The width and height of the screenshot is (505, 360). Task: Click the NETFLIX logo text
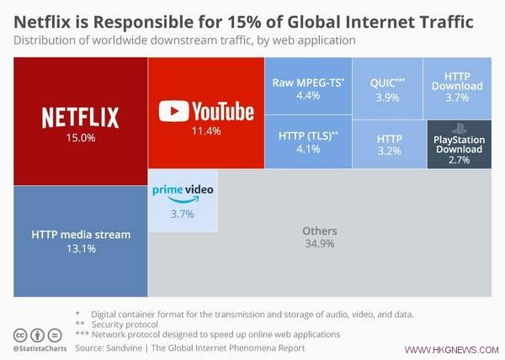point(81,117)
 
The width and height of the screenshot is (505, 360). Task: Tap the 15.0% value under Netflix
point(81,136)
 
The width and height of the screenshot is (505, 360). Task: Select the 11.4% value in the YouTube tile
point(206,131)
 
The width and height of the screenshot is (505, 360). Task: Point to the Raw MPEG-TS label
point(308,83)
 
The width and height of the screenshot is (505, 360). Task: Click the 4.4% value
point(308,96)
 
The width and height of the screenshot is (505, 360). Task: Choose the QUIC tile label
point(387,84)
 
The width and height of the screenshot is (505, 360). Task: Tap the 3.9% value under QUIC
point(387,98)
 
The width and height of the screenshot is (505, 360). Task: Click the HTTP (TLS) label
point(308,135)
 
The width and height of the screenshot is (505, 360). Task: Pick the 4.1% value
point(308,149)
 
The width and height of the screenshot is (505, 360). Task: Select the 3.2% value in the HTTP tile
point(389,151)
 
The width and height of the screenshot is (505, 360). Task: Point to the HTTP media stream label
point(81,235)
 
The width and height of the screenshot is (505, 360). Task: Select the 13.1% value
point(81,248)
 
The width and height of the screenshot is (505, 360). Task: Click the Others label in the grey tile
point(319,230)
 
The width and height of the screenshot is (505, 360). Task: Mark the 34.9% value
point(319,244)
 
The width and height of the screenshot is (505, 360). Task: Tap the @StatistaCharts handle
point(41,347)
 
